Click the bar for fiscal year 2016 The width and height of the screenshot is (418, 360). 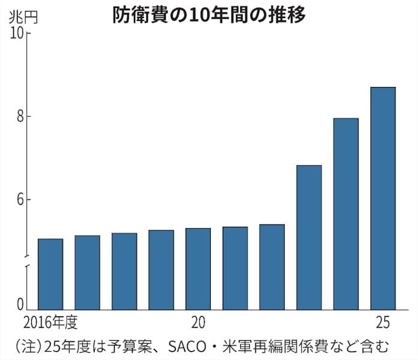click(x=50, y=274)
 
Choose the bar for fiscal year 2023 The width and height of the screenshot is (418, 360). click(x=309, y=237)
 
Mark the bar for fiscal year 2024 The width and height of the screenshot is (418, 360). click(x=346, y=214)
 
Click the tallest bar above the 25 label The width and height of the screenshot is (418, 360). click(x=383, y=198)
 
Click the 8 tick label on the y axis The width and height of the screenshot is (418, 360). click(x=19, y=116)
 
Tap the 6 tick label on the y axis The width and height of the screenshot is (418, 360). click(x=19, y=199)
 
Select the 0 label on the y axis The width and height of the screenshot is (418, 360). click(x=19, y=304)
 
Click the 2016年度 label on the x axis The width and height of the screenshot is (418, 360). click(x=51, y=322)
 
